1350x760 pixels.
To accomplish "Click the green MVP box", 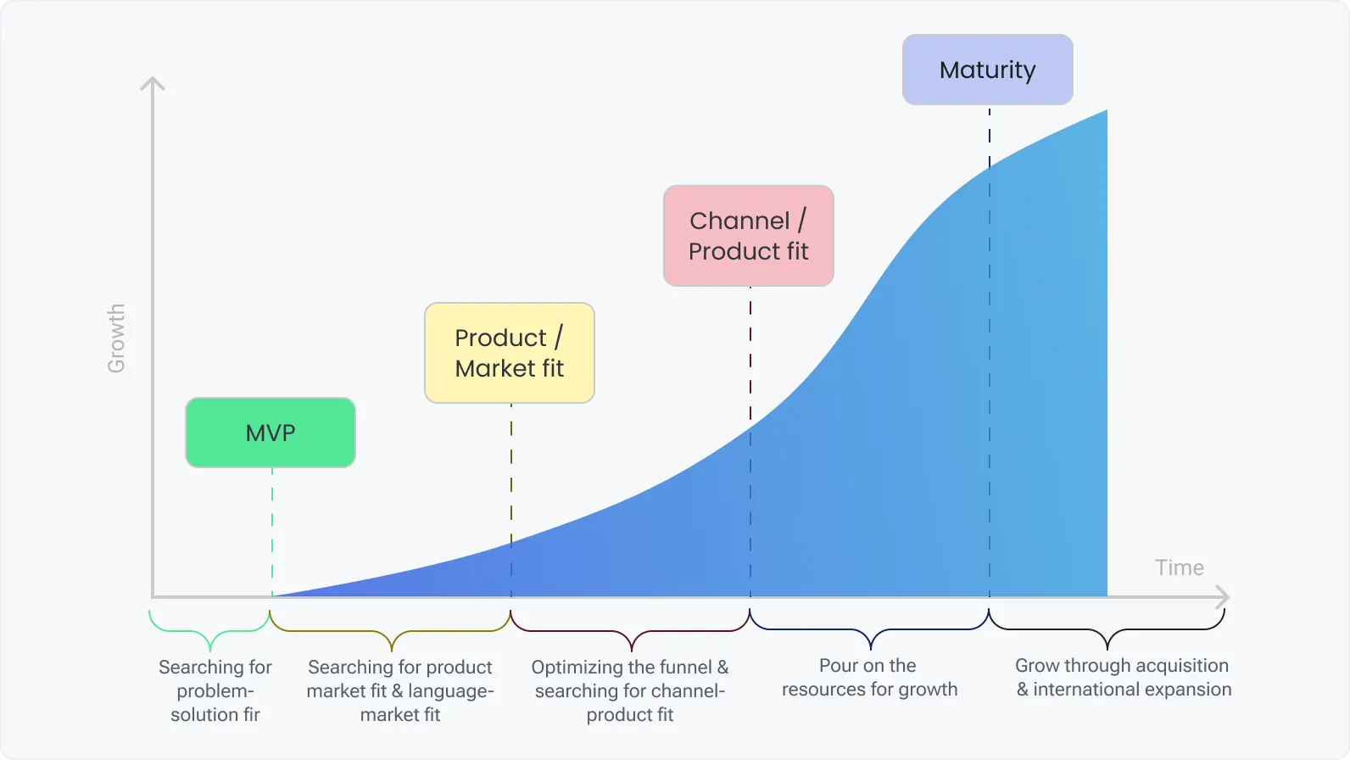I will pyautogui.click(x=271, y=433).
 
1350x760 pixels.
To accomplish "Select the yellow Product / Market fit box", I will pyautogui.click(x=510, y=353).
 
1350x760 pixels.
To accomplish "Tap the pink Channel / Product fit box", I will pyautogui.click(x=749, y=236).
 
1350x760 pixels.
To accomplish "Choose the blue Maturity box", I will pyautogui.click(x=988, y=70).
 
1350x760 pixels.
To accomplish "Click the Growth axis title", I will pyautogui.click(x=116, y=338).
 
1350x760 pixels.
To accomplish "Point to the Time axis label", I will pyautogui.click(x=1179, y=567).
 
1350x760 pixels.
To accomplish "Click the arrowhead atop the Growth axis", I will pyautogui.click(x=153, y=83).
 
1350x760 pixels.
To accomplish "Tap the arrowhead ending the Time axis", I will pyautogui.click(x=1223, y=597).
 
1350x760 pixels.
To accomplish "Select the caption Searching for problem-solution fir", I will pyautogui.click(x=215, y=690).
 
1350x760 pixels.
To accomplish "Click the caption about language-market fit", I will pyautogui.click(x=400, y=690).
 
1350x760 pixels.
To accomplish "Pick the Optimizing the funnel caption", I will pyautogui.click(x=630, y=690).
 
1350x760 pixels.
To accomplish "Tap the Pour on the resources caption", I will pyautogui.click(x=869, y=678).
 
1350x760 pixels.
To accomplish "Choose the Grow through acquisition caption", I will pyautogui.click(x=1123, y=678).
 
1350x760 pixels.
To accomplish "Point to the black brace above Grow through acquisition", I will pyautogui.click(x=1107, y=633).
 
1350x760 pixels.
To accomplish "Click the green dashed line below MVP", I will pyautogui.click(x=272, y=530).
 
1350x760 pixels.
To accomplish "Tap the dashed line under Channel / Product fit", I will pyautogui.click(x=750, y=356).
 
